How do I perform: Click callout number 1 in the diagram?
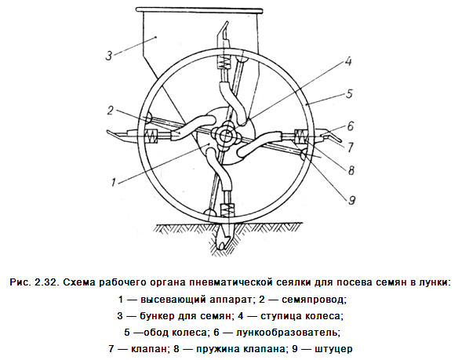(114, 183)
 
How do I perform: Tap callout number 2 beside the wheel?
(111, 111)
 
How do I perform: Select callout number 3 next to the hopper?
(109, 56)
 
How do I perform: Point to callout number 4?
(348, 62)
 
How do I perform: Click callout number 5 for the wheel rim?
(349, 94)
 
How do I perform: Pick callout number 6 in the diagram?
(350, 126)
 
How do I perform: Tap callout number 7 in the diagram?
(350, 147)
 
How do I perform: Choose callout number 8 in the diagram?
(351, 170)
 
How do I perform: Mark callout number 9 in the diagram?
(352, 200)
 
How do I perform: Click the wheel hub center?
(225, 135)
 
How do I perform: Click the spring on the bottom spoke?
(227, 212)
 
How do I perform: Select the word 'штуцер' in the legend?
(333, 349)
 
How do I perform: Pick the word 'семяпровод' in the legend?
(314, 300)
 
